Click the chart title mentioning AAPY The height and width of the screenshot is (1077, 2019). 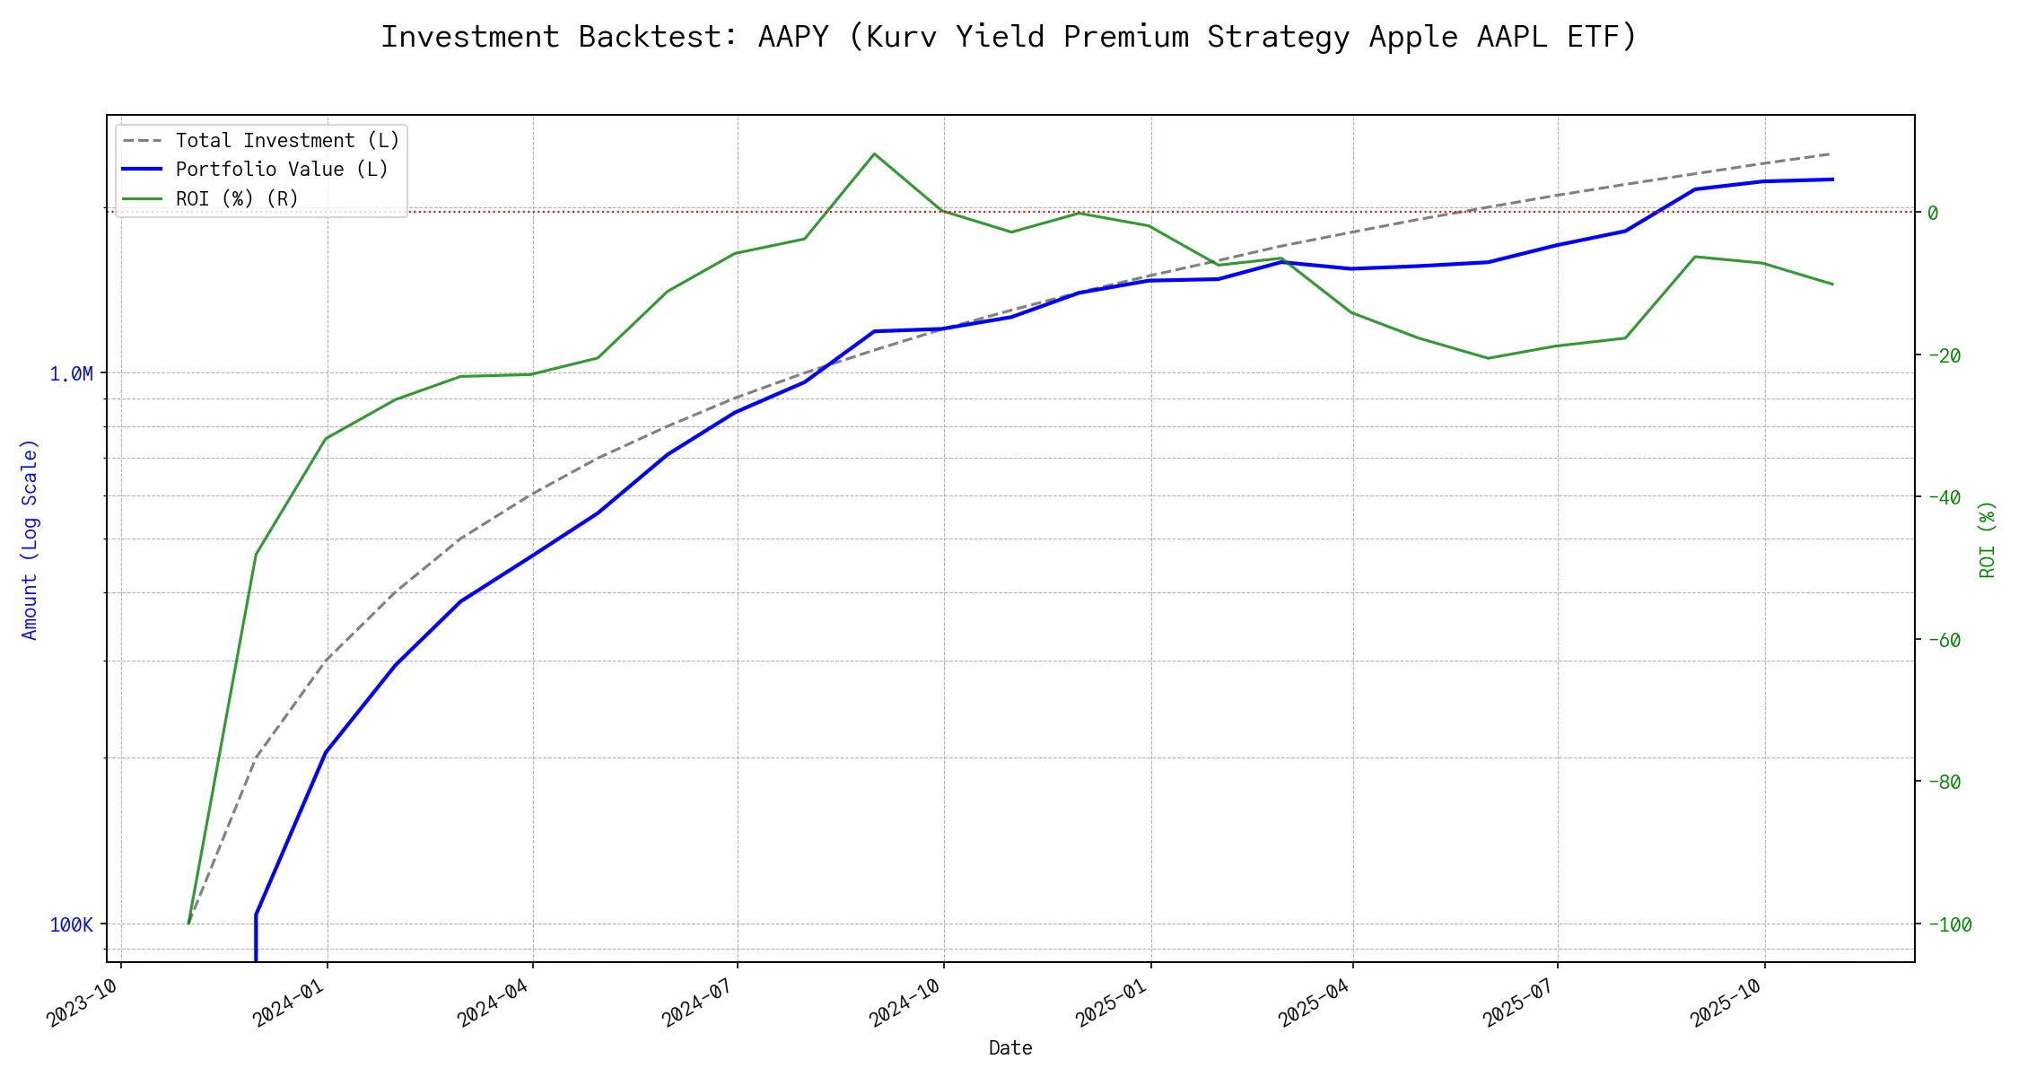pos(1009,37)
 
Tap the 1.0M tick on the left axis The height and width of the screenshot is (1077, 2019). pos(71,374)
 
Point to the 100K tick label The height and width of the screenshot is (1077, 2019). pos(71,925)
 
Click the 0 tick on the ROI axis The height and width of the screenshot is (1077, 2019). pos(1933,213)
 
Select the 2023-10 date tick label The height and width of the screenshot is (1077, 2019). pos(83,1003)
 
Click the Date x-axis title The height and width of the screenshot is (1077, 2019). pos(1010,1048)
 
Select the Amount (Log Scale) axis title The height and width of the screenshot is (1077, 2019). pos(31,539)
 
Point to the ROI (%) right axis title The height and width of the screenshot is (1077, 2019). pos(1988,539)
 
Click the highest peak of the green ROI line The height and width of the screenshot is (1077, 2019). pos(874,153)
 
